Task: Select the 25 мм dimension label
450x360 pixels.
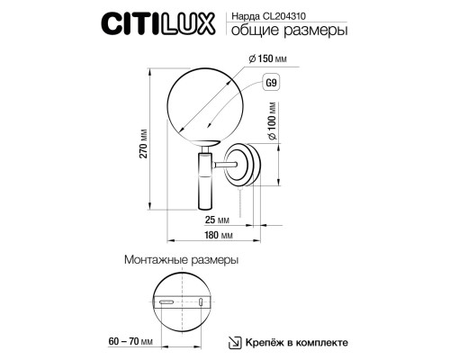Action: [x=213, y=218]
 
